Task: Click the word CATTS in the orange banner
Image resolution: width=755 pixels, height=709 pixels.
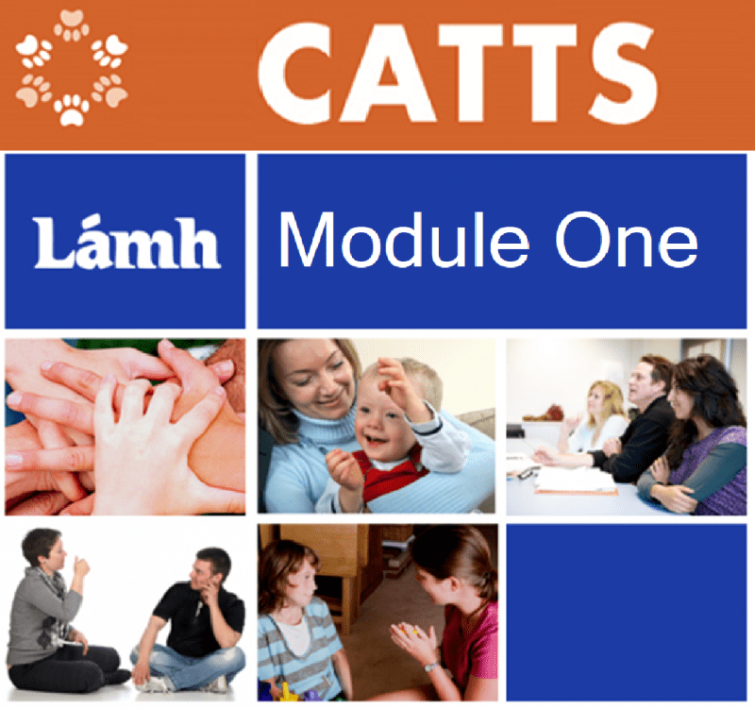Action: [x=458, y=74]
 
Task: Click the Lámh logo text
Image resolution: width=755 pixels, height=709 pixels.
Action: [x=127, y=244]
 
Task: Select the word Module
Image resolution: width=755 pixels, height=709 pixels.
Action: [x=403, y=240]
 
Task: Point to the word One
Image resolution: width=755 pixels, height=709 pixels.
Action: [x=626, y=240]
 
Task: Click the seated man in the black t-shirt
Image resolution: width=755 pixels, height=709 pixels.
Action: [x=193, y=621]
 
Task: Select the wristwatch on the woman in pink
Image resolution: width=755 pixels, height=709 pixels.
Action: [x=431, y=667]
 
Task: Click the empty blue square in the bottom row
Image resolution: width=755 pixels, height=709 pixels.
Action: [x=626, y=612]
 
